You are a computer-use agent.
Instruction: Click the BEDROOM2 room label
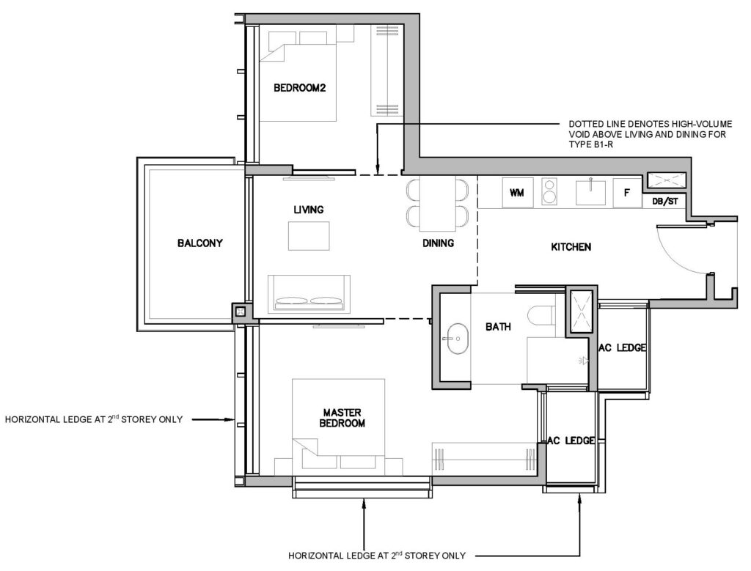point(299,88)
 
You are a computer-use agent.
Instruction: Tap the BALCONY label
point(199,243)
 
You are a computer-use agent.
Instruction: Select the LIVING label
point(309,210)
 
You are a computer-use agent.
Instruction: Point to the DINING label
point(438,243)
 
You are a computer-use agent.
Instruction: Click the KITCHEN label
point(571,247)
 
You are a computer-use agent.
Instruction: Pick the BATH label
point(498,327)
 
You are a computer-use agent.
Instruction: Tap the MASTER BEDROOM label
point(342,418)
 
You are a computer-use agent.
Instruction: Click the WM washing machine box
point(517,192)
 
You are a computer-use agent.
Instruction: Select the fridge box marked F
point(627,192)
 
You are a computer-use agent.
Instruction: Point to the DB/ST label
point(665,202)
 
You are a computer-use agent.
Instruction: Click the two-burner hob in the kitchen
point(549,191)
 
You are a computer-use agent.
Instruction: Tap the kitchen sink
point(591,191)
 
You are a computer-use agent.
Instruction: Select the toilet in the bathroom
point(541,315)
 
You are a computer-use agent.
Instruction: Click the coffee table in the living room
point(309,236)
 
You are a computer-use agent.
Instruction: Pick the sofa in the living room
point(309,293)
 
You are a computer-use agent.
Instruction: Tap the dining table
point(437,204)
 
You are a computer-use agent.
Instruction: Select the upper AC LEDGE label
point(622,348)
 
